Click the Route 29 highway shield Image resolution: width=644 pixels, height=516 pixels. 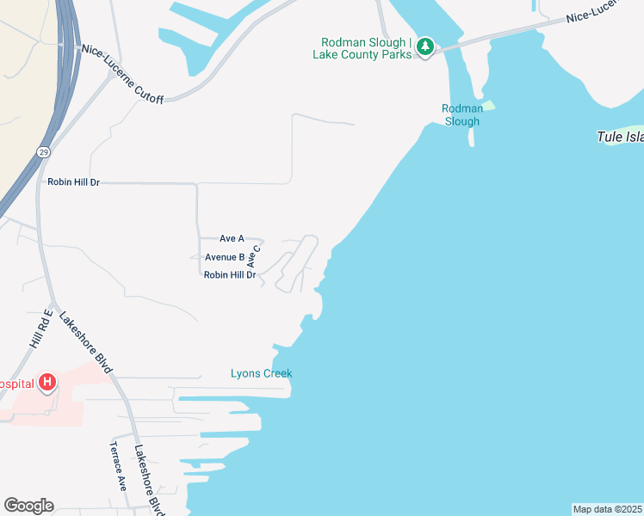click(x=43, y=151)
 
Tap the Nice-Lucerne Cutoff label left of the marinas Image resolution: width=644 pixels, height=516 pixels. click(x=122, y=74)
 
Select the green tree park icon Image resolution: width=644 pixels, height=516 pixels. click(x=424, y=46)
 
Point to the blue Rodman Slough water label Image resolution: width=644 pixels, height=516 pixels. click(x=461, y=114)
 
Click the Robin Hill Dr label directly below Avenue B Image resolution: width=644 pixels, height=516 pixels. click(x=230, y=275)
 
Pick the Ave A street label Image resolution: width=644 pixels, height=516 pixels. click(x=232, y=238)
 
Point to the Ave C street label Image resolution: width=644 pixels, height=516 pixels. click(x=254, y=255)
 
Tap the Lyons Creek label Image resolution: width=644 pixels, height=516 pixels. click(x=262, y=373)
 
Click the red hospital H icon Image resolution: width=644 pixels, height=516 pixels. click(x=48, y=382)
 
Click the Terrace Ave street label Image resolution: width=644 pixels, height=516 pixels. click(x=117, y=465)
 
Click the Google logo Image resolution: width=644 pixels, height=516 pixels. click(x=28, y=506)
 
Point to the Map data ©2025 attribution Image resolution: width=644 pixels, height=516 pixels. click(x=607, y=509)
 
